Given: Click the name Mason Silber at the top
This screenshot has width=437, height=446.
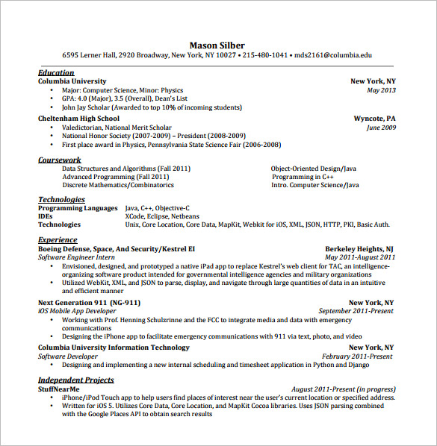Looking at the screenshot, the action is coord(217,45).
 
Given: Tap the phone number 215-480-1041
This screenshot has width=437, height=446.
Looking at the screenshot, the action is coord(265,55).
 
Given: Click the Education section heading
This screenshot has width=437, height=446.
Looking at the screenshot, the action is coord(56,72).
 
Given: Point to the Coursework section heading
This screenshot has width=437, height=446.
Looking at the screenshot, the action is coord(60,160).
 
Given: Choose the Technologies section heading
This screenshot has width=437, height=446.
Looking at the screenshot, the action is coord(61,200).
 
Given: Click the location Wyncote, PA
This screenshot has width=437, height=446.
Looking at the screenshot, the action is coord(374,119).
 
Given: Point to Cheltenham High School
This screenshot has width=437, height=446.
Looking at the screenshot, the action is coord(78,119).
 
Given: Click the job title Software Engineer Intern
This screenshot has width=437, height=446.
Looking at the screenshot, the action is coord(77,257).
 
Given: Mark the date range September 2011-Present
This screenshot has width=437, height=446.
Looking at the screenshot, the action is coord(355,311).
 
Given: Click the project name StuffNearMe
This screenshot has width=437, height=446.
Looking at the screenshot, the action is coord(58,389).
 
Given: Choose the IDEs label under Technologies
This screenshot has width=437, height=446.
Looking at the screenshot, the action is coord(46,216).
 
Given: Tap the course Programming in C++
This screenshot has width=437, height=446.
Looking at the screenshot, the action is coord(303,177).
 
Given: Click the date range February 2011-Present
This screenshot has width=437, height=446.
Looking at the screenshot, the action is coord(357,357).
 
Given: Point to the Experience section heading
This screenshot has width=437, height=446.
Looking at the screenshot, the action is coord(58,240).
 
